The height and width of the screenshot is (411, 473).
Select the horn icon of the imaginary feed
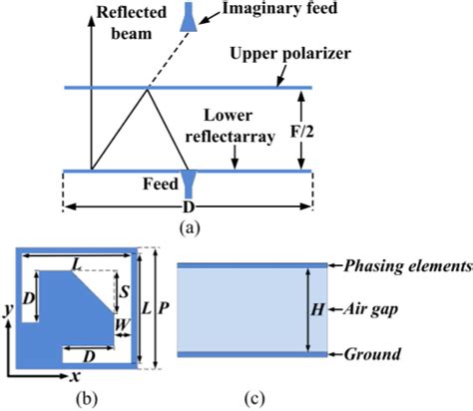pos(186,18)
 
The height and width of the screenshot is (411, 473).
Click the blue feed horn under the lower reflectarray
pos(188,184)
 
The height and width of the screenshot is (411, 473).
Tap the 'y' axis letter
pos(9,310)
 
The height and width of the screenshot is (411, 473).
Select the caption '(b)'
pos(77,399)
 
